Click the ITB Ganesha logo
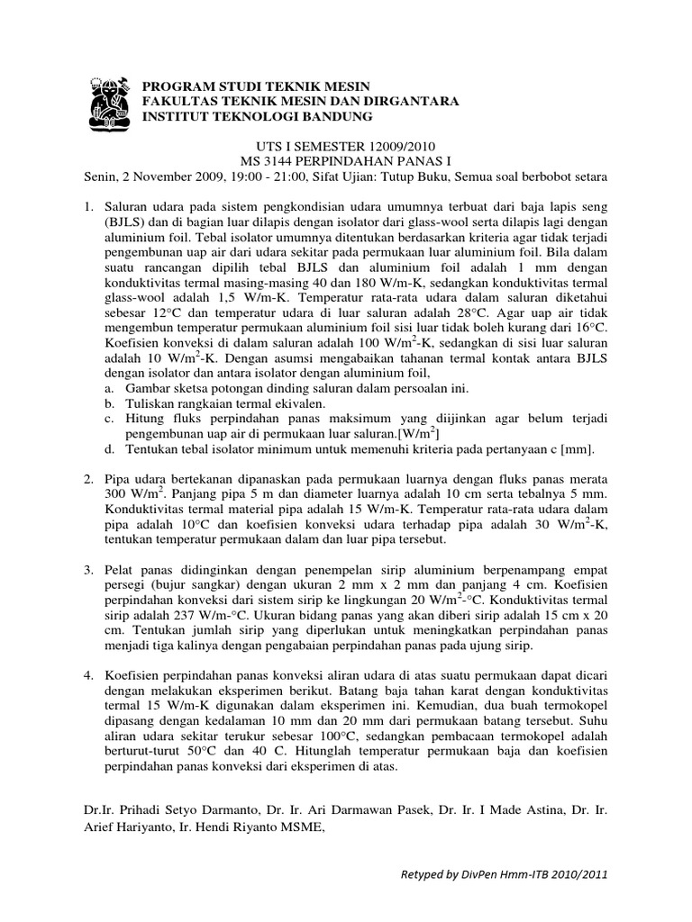click(111, 98)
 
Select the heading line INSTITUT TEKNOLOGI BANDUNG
click(258, 117)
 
